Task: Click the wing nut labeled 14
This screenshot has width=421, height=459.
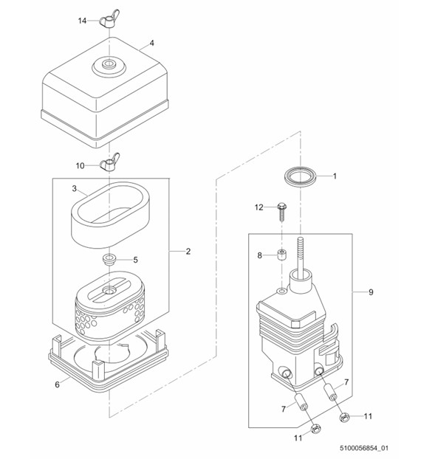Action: (x=109, y=21)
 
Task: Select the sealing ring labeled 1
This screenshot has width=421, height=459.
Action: (x=301, y=176)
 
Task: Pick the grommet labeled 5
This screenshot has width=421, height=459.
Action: (x=109, y=260)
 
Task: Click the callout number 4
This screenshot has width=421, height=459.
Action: (x=151, y=43)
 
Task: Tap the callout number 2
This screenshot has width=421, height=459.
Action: (x=188, y=251)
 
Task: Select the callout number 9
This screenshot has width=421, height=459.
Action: (x=371, y=291)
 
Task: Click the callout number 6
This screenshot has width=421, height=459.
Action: (x=57, y=384)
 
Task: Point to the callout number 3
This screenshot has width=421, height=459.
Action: (x=74, y=188)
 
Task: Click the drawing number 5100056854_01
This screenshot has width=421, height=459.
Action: (x=364, y=448)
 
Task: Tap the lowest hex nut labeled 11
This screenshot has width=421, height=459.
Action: (x=315, y=429)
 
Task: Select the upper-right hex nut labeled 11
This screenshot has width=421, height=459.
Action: (x=345, y=417)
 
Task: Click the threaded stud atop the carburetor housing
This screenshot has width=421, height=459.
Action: (x=301, y=255)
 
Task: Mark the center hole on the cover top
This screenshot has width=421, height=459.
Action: (x=109, y=63)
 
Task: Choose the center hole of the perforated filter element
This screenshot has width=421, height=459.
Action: (x=109, y=291)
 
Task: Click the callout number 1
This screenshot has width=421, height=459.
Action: (x=335, y=176)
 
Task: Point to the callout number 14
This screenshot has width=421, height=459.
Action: (x=82, y=21)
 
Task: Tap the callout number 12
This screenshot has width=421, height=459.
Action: (x=259, y=207)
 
